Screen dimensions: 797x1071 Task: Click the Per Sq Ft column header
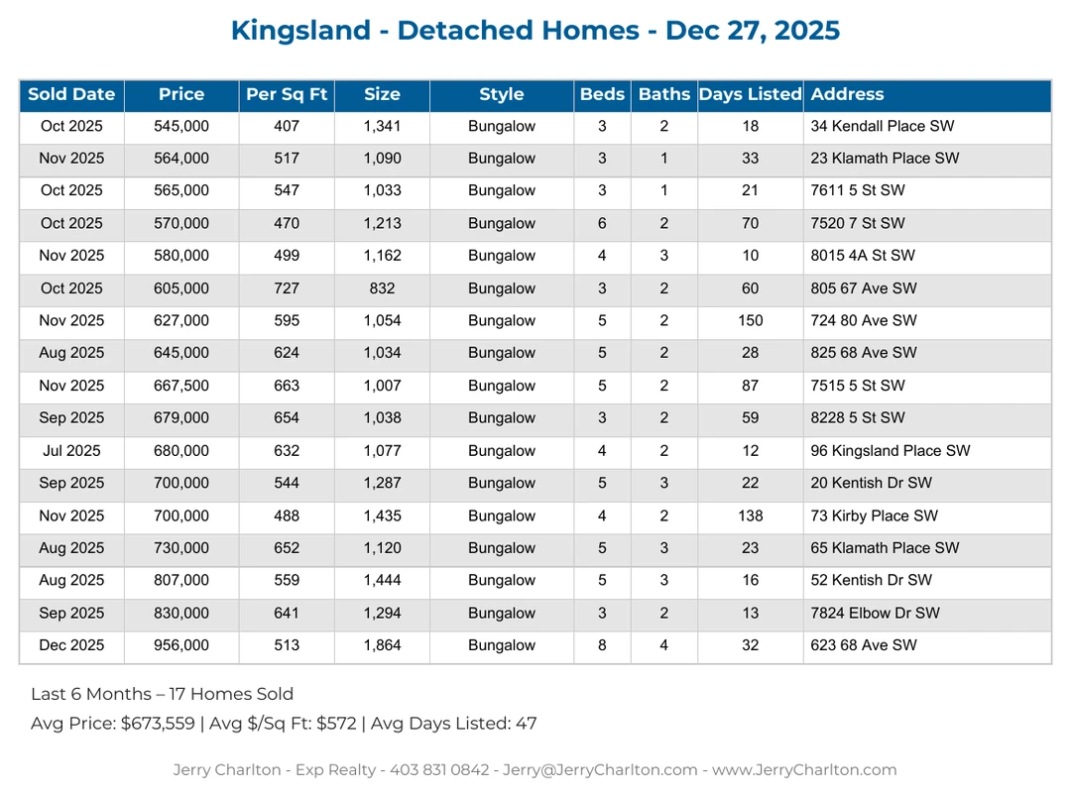[x=287, y=95]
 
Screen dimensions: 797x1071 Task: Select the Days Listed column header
[x=750, y=95]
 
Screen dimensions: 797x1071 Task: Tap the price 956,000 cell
[x=181, y=645]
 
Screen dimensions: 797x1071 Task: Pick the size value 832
[x=382, y=288]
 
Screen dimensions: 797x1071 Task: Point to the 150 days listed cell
[x=751, y=321]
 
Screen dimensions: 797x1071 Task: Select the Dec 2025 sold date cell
[x=71, y=645]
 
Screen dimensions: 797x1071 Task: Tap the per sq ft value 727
[x=287, y=288]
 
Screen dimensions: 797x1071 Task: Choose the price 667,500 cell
[x=181, y=386]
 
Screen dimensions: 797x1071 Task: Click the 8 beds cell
[x=602, y=645]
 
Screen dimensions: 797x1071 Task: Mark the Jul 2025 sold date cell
[x=71, y=451]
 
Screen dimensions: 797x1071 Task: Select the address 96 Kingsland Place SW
[x=891, y=451]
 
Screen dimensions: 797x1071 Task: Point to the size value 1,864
[x=382, y=645]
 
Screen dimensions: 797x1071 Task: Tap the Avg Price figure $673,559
[x=158, y=724]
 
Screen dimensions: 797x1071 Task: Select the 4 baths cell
[x=664, y=645]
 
